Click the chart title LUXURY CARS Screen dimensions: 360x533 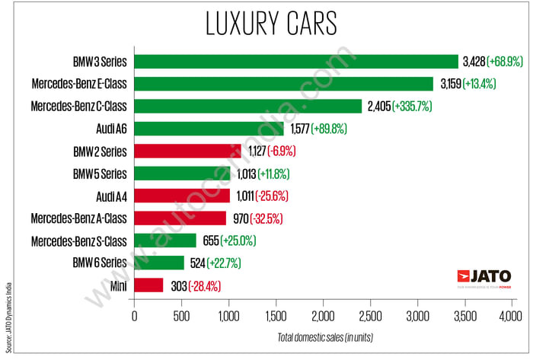click(x=271, y=24)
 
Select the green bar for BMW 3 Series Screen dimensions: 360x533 click(x=296, y=61)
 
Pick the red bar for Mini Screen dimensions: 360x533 click(x=148, y=285)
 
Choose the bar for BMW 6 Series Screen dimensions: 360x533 click(x=159, y=263)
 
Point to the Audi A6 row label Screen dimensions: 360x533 click(x=111, y=129)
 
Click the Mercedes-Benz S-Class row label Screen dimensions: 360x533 click(x=79, y=241)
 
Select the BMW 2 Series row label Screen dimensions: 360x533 click(x=100, y=151)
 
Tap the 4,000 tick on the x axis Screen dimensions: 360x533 click(x=509, y=315)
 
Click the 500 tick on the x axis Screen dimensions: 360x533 click(x=181, y=315)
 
